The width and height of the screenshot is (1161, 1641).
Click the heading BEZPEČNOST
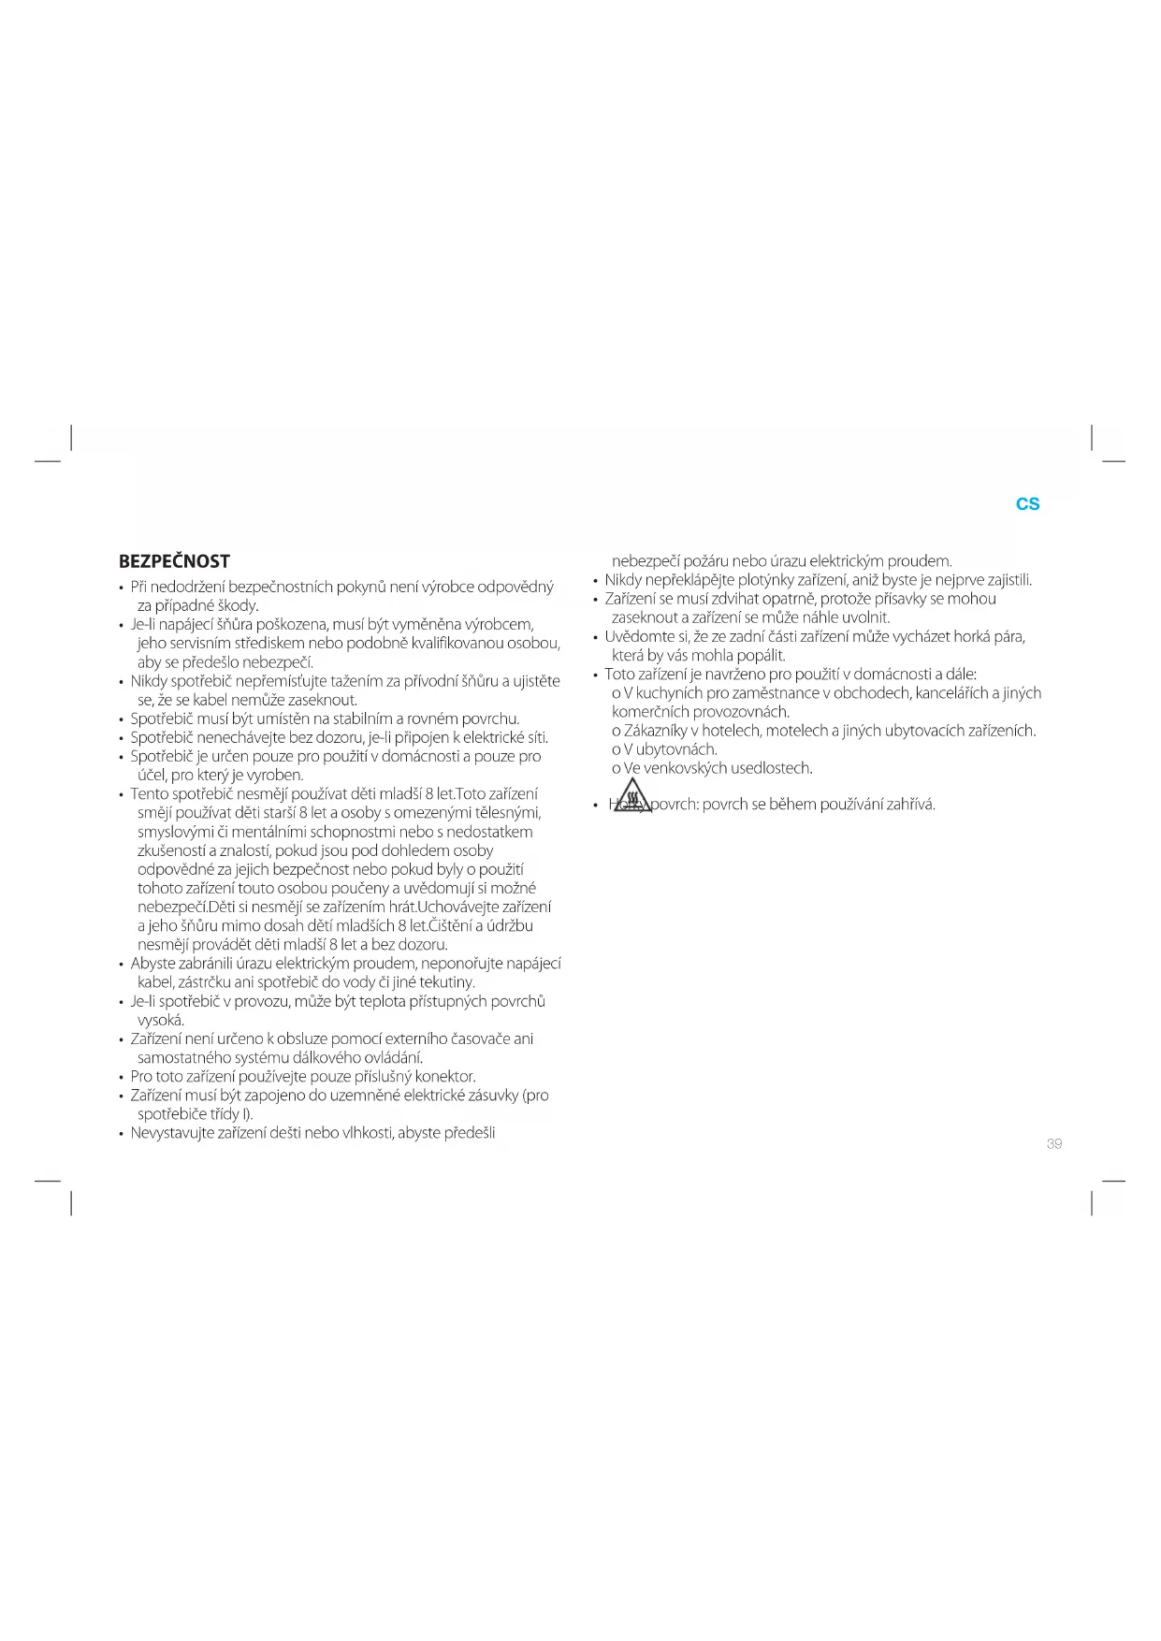click(174, 561)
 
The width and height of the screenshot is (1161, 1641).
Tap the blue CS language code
click(1027, 503)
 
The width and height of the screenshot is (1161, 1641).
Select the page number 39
click(1054, 1143)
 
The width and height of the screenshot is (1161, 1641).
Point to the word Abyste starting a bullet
click(155, 964)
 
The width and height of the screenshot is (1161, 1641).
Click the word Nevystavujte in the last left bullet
click(172, 1133)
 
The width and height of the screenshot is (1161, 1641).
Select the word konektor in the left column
click(444, 1077)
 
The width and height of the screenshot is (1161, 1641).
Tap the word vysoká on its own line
click(160, 1021)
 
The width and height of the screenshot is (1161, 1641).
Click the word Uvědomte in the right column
click(637, 637)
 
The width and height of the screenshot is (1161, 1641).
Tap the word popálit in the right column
click(759, 656)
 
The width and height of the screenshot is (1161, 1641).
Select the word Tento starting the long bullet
click(150, 794)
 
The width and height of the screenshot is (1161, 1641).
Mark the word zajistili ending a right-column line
click(1004, 580)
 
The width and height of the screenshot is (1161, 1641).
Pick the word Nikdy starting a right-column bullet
click(623, 580)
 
